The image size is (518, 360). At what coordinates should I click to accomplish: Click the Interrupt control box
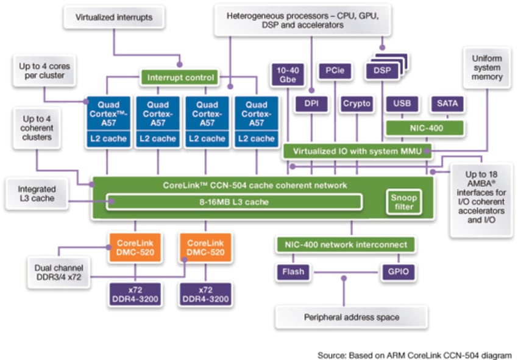click(x=180, y=77)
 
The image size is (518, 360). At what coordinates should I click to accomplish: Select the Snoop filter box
click(x=403, y=202)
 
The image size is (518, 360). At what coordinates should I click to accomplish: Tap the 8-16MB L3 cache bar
click(x=234, y=202)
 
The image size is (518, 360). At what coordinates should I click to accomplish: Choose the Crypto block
click(x=357, y=104)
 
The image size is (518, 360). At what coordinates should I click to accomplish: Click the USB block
click(x=402, y=104)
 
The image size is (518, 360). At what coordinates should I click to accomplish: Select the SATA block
click(x=447, y=104)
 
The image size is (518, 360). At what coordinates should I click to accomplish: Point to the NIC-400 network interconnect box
click(x=346, y=245)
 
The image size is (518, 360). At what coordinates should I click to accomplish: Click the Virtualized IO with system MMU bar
click(x=358, y=151)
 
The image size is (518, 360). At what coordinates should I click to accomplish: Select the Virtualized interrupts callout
click(x=114, y=18)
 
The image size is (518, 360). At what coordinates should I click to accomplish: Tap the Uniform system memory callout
click(x=487, y=68)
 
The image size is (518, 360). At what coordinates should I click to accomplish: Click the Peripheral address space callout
click(x=352, y=317)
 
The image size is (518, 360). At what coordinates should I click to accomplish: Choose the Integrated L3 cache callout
click(x=36, y=194)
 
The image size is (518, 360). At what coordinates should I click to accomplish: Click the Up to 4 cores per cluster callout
click(x=41, y=71)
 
